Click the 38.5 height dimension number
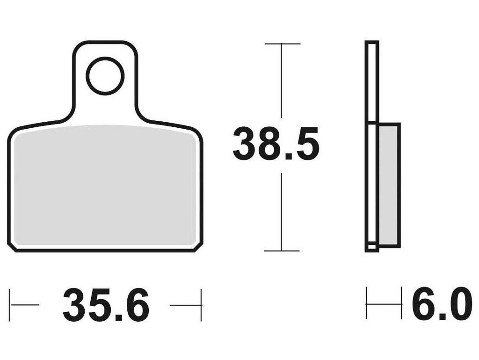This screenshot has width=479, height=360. [x=276, y=145]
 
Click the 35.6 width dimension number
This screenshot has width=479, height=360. [x=106, y=305]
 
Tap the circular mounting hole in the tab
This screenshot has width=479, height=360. [x=105, y=76]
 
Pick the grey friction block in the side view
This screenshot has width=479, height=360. [x=389, y=185]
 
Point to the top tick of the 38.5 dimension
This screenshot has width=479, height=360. [x=283, y=44]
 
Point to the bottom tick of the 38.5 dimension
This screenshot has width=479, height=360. [x=282, y=251]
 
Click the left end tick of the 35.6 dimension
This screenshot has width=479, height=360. [x=10, y=305]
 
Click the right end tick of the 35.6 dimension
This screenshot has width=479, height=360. [x=201, y=305]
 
